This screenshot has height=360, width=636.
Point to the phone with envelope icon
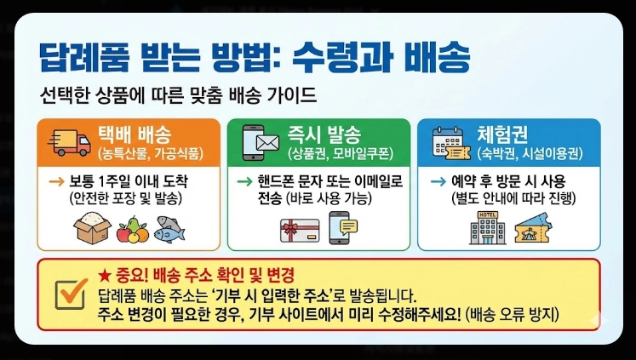(261, 141)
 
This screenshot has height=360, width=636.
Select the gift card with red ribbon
(299, 229)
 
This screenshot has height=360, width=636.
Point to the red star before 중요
(104, 275)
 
